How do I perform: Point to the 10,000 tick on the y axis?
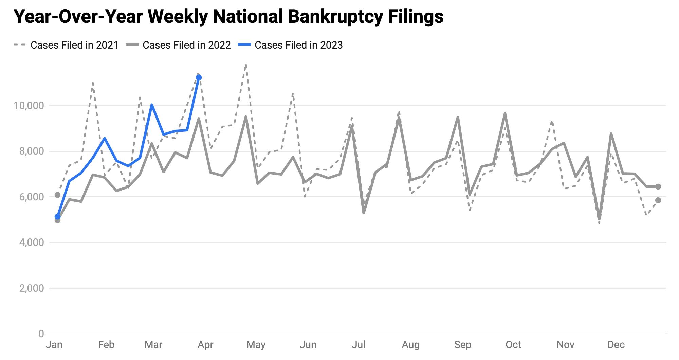(x=29, y=106)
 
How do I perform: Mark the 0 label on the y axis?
(x=41, y=334)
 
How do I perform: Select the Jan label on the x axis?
(x=54, y=345)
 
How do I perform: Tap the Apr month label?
(x=205, y=345)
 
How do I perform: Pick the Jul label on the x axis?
(x=359, y=345)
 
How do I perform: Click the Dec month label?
(x=616, y=345)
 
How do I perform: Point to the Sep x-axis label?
(x=462, y=345)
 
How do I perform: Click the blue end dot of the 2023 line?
(x=199, y=78)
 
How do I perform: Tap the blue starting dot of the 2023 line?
(x=57, y=217)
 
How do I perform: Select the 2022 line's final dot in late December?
(x=658, y=186)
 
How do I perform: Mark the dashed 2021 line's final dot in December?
(x=658, y=200)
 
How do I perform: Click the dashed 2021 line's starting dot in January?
(x=57, y=195)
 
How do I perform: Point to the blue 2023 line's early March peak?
(x=152, y=105)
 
